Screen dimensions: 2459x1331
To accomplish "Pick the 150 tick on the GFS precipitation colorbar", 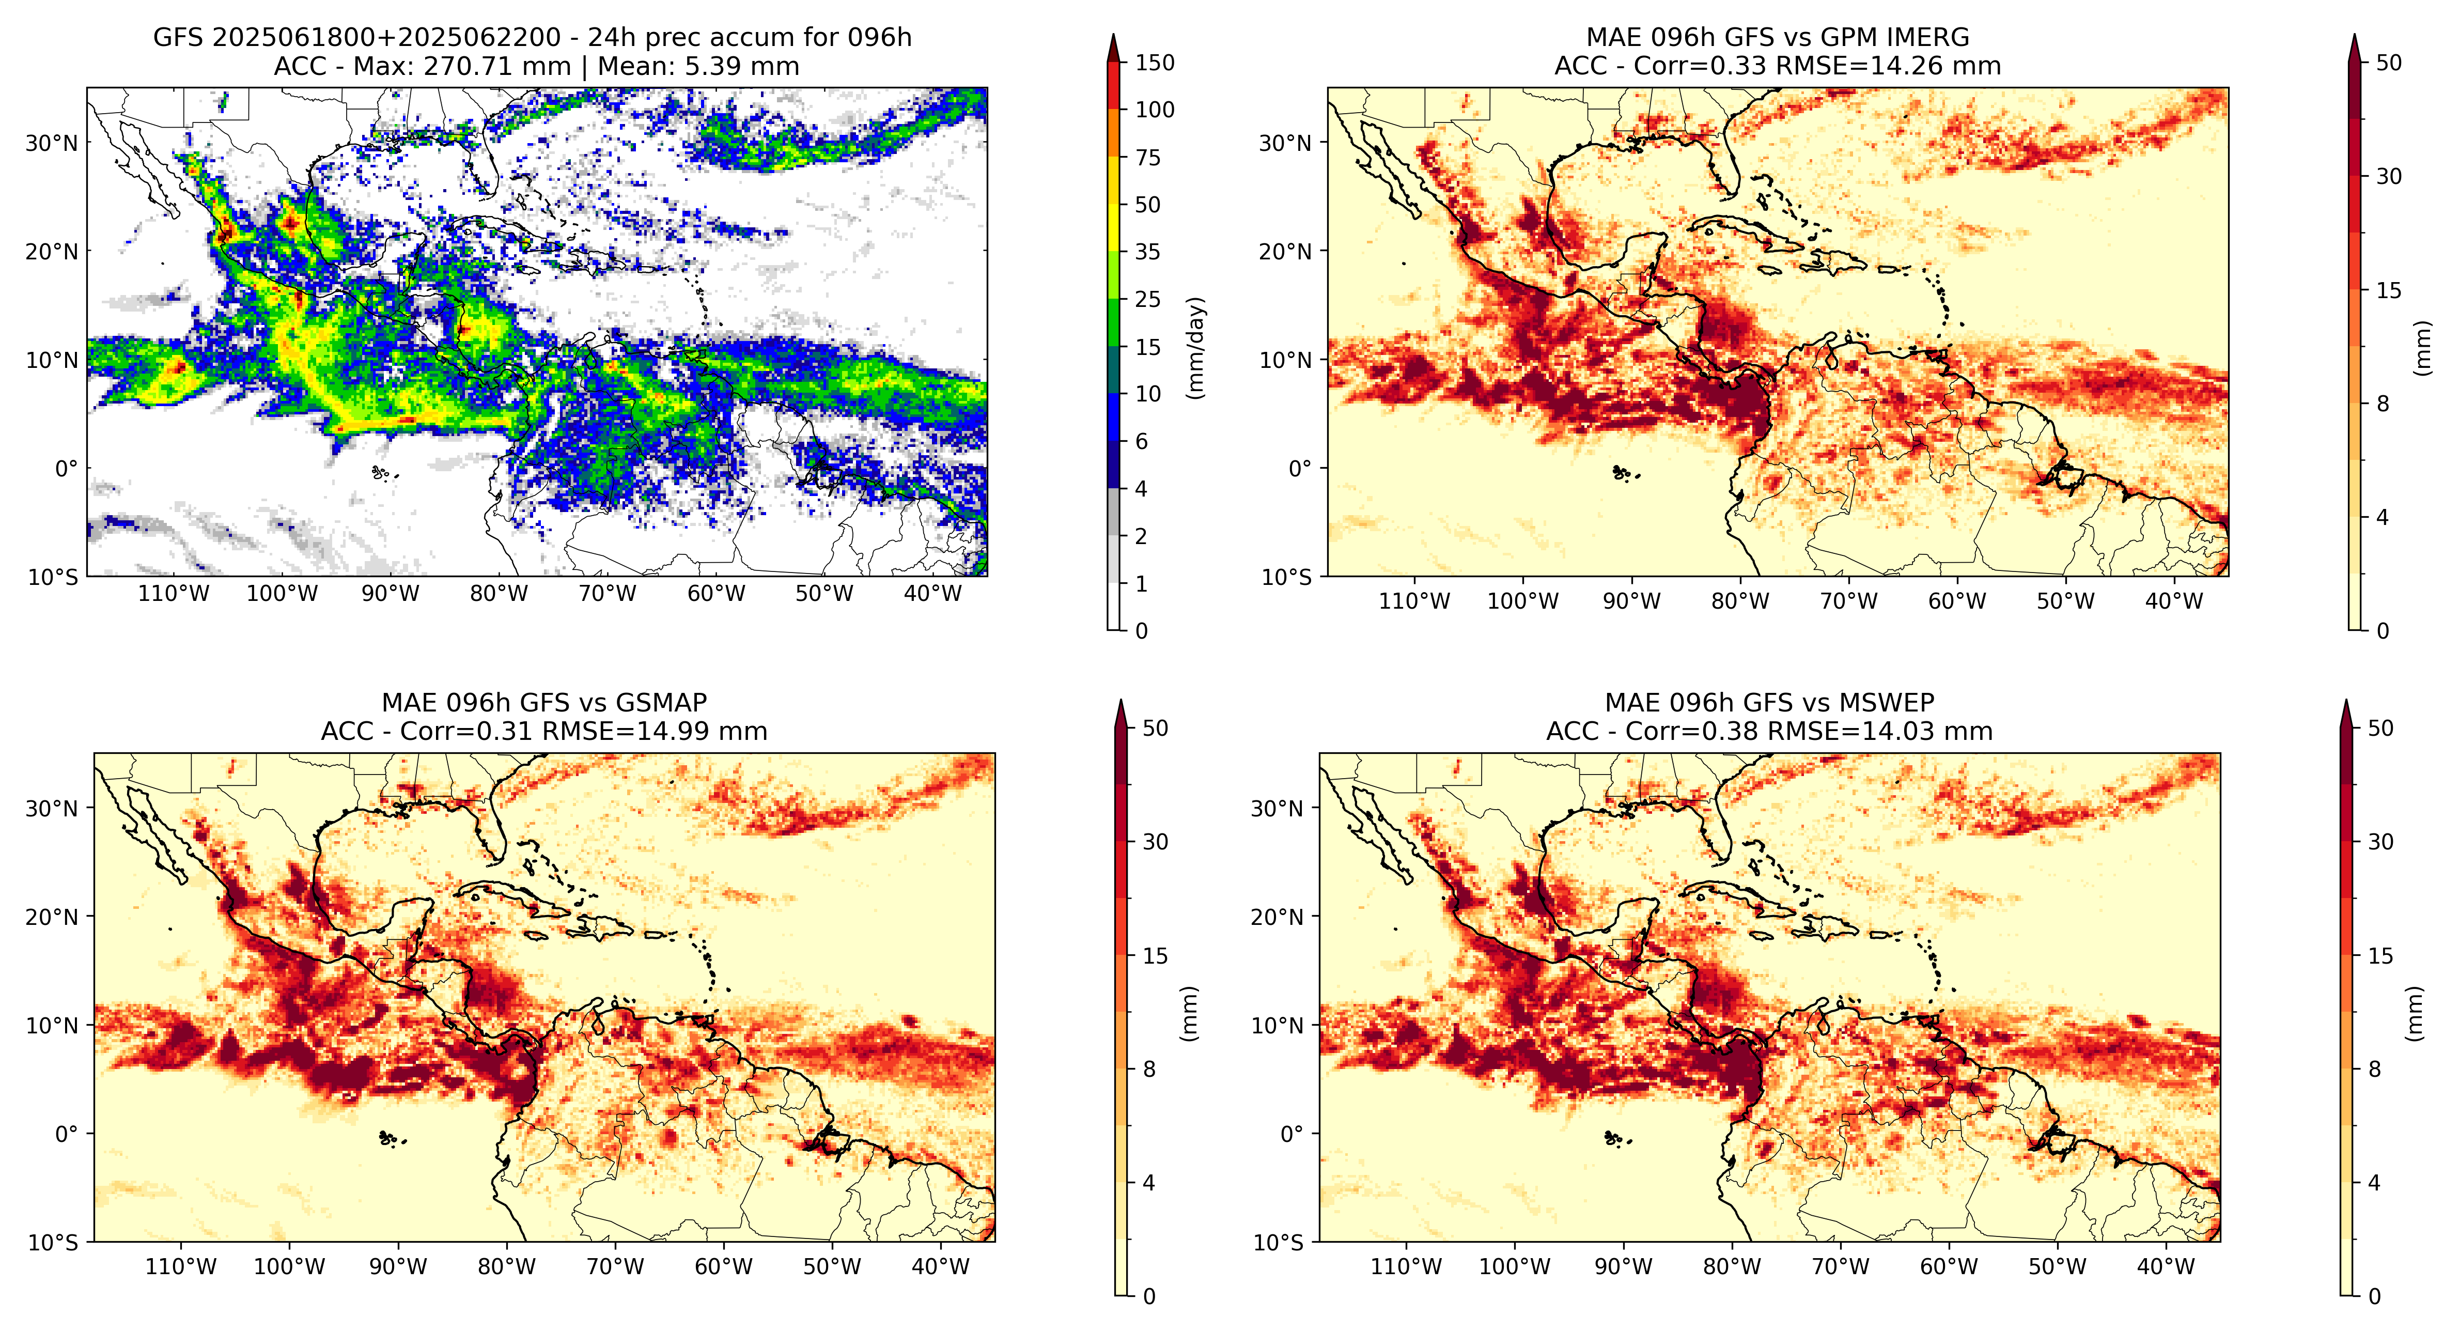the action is [1154, 63].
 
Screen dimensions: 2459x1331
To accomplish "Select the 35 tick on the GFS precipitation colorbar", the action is [1147, 252].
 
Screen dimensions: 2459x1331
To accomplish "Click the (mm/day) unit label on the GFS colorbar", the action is [1195, 348].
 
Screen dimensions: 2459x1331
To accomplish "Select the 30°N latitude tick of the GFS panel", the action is [52, 143].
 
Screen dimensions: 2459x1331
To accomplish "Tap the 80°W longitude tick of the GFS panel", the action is [499, 594].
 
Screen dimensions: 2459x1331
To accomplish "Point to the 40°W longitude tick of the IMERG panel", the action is [2174, 600].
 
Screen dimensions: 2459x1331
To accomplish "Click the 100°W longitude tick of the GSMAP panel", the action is [289, 1267].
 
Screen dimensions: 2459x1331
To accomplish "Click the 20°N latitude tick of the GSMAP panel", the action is [52, 917].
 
